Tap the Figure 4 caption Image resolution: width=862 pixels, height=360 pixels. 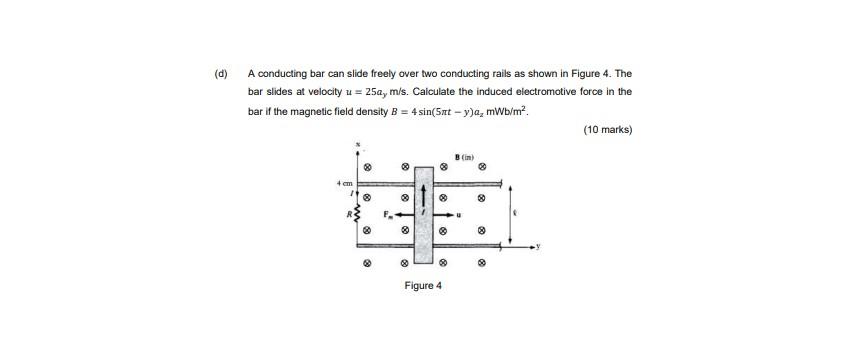(x=423, y=286)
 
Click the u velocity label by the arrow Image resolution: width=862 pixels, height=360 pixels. (x=461, y=213)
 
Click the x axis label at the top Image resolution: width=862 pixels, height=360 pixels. (x=357, y=146)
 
